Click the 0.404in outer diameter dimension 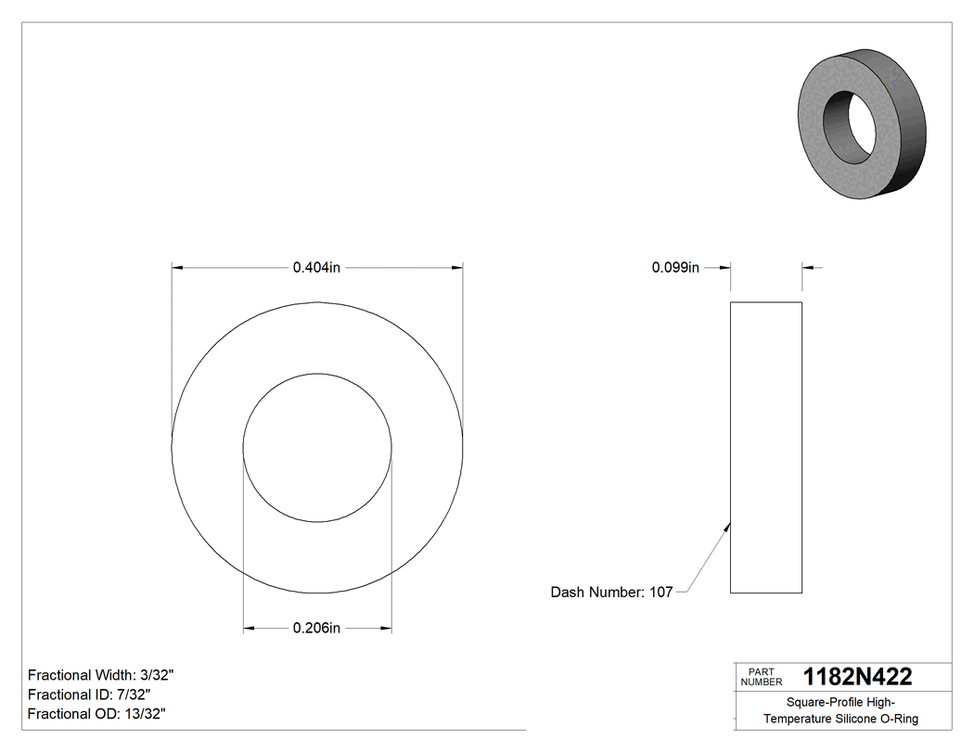[317, 268]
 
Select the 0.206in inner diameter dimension [317, 629]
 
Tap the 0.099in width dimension [675, 268]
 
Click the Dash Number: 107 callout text [611, 592]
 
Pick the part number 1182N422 [857, 677]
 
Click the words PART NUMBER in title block [761, 677]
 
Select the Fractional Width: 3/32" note [100, 675]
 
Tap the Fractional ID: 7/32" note [89, 695]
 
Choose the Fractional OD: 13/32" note [96, 714]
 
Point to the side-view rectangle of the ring [766, 447]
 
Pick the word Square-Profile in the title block [819, 702]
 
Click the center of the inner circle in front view [317, 448]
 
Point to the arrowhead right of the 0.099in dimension [808, 268]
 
